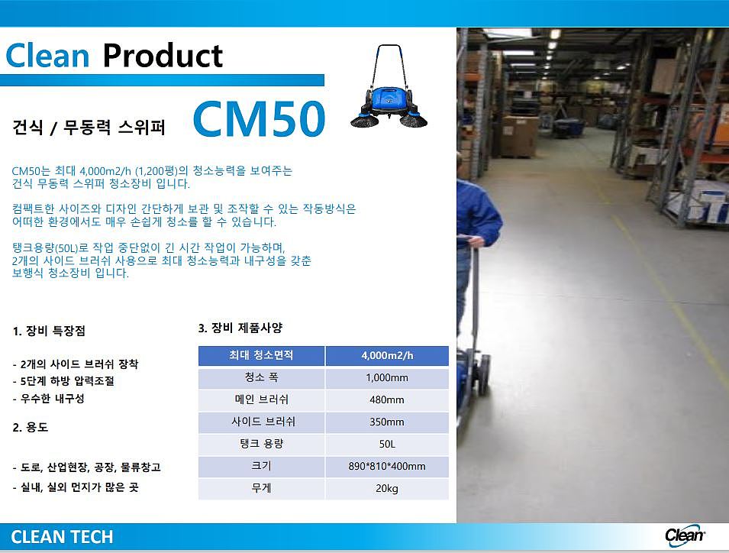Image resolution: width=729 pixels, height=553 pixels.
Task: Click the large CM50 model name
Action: pos(259,119)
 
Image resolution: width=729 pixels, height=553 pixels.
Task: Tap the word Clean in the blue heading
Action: pos(47,56)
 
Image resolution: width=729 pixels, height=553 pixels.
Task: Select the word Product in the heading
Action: pos(163,56)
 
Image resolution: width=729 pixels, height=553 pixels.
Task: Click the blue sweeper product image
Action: pos(389,87)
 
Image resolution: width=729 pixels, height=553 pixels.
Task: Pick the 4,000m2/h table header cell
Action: pos(387,356)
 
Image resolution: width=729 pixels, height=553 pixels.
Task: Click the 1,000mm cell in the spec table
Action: pos(387,377)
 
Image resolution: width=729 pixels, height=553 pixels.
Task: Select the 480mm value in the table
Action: pos(387,400)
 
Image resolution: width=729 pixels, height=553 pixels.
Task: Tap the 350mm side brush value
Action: pos(387,422)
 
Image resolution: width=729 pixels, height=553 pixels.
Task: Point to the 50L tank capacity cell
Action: pos(387,445)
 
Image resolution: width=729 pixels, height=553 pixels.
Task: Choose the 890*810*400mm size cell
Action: pos(387,467)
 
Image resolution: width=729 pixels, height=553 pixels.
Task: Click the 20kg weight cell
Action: pos(387,489)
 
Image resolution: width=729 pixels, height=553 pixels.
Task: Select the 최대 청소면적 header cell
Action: pos(261,356)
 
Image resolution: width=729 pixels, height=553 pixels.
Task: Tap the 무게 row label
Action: pos(261,489)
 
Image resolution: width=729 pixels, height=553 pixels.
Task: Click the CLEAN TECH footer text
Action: pos(62,537)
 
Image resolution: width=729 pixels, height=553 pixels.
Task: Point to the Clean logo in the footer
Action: pos(685,535)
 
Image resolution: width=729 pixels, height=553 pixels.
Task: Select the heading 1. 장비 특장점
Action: pos(49,331)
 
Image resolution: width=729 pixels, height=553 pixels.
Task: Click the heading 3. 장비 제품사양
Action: pos(240,328)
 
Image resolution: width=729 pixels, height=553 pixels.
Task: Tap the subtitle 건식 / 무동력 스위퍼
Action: pos(89,127)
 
